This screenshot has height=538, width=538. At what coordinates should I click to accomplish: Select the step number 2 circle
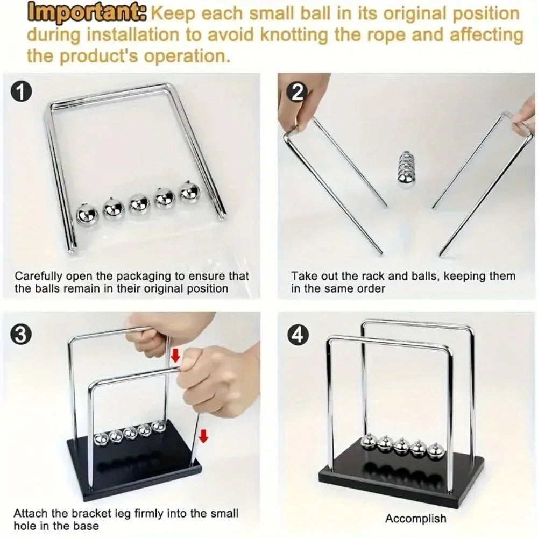pos(297,92)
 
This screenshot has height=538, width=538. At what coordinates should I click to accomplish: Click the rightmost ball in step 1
pos(189,193)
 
